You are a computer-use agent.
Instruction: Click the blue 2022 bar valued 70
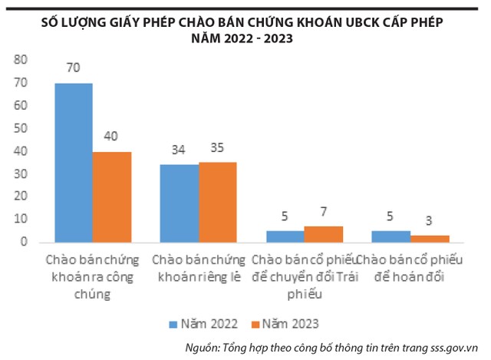[74, 163]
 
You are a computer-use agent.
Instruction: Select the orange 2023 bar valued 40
[112, 197]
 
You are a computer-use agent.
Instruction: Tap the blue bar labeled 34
[180, 203]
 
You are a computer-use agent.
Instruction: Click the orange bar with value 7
[323, 234]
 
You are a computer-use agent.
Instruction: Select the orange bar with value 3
[430, 239]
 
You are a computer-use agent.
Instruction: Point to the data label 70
[74, 69]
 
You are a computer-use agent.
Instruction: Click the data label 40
[112, 137]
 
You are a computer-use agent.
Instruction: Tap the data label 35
[218, 147]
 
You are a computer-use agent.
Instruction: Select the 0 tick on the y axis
[25, 242]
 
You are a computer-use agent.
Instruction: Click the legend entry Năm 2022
[207, 323]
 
